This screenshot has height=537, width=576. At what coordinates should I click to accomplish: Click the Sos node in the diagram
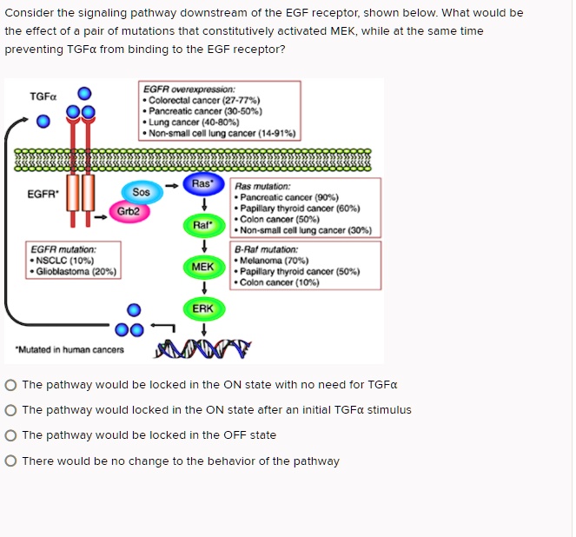click(x=142, y=191)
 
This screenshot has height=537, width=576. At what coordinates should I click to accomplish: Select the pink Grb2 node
click(x=129, y=211)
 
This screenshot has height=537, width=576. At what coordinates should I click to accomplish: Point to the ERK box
click(x=202, y=308)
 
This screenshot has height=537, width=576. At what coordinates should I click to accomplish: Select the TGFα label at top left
click(x=43, y=96)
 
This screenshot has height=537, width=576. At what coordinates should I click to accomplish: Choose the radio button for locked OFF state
click(x=10, y=435)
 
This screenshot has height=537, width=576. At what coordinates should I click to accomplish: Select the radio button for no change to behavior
click(x=10, y=461)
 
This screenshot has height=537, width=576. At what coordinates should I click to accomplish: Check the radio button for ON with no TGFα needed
click(x=10, y=385)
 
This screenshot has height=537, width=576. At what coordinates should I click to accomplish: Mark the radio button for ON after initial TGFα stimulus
click(x=10, y=410)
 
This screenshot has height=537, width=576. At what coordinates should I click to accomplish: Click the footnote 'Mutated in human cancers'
click(x=69, y=349)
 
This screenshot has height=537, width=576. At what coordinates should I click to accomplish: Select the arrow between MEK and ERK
click(x=202, y=287)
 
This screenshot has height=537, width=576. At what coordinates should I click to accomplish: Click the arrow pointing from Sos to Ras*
click(x=173, y=185)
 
